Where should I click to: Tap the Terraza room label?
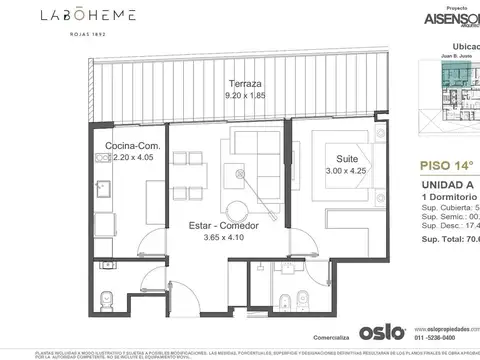click(x=245, y=85)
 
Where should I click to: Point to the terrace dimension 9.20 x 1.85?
click(x=245, y=96)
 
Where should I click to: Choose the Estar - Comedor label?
click(x=216, y=226)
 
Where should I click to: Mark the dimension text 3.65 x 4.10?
click(x=216, y=239)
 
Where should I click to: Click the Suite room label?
click(x=346, y=158)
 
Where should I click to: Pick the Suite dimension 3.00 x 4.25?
click(x=346, y=170)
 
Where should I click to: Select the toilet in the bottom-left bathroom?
click(x=107, y=298)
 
